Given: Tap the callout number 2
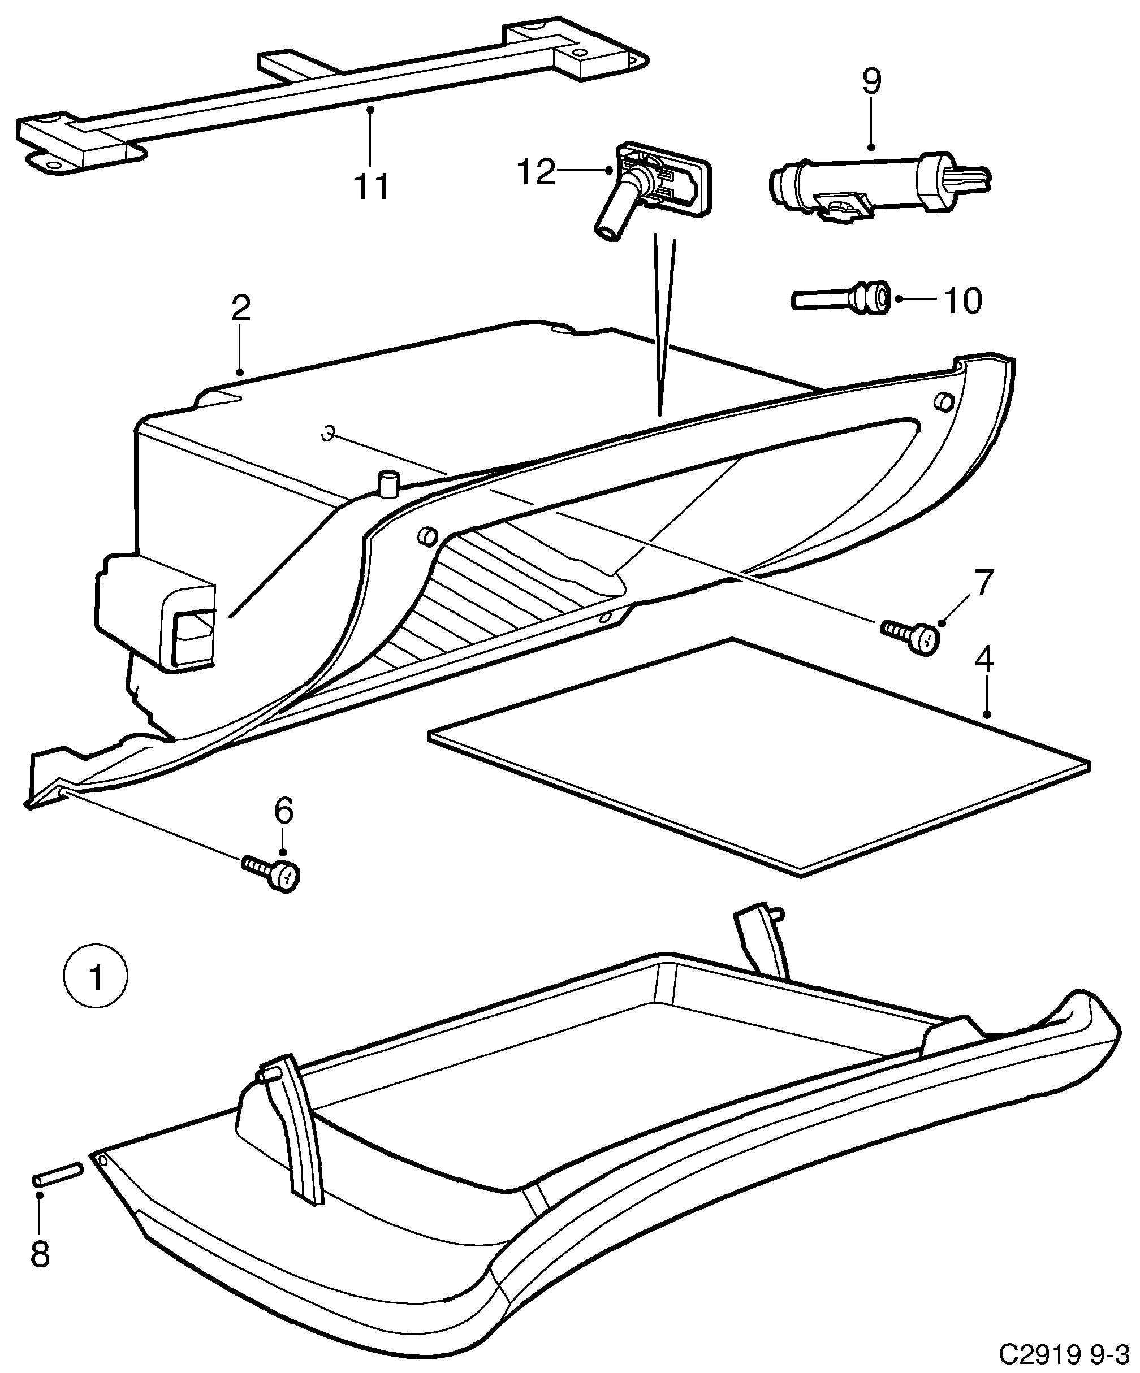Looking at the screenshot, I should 241,309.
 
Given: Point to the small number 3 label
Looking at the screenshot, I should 329,433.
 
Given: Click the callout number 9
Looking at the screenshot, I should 871,82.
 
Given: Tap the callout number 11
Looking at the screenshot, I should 372,187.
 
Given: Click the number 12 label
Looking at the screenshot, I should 536,172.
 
